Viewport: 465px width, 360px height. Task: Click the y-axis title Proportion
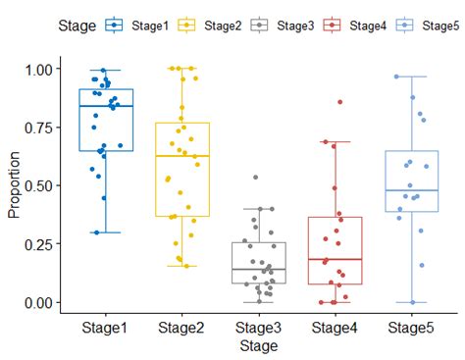click(14, 186)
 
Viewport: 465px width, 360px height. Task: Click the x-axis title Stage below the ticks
click(259, 346)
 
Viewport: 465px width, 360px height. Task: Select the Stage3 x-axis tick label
click(259, 329)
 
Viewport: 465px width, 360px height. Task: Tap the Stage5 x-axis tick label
click(411, 329)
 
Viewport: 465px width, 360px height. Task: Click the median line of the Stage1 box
click(106, 106)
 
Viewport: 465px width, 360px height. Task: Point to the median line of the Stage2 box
click(182, 156)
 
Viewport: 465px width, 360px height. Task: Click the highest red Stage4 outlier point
click(340, 102)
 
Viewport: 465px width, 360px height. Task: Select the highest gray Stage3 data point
click(256, 178)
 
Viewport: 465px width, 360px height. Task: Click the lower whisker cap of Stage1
click(106, 232)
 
